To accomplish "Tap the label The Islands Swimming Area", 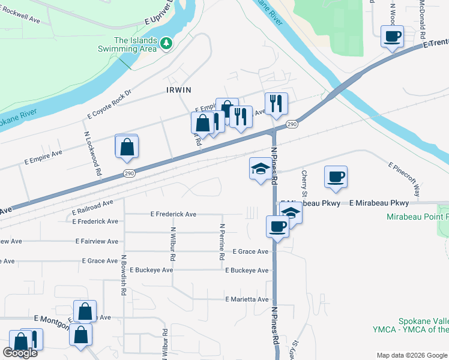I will [136, 44].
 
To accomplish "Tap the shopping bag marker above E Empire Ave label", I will [127, 146].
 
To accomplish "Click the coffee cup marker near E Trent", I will [393, 37].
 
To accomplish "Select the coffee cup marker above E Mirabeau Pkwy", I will [336, 176].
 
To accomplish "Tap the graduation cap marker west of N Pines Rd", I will [261, 168].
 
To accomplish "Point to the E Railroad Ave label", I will [92, 208].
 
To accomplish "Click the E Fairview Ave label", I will [99, 241].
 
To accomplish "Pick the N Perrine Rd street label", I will [222, 242].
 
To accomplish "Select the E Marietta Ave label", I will [247, 299].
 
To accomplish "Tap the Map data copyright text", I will [411, 355].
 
